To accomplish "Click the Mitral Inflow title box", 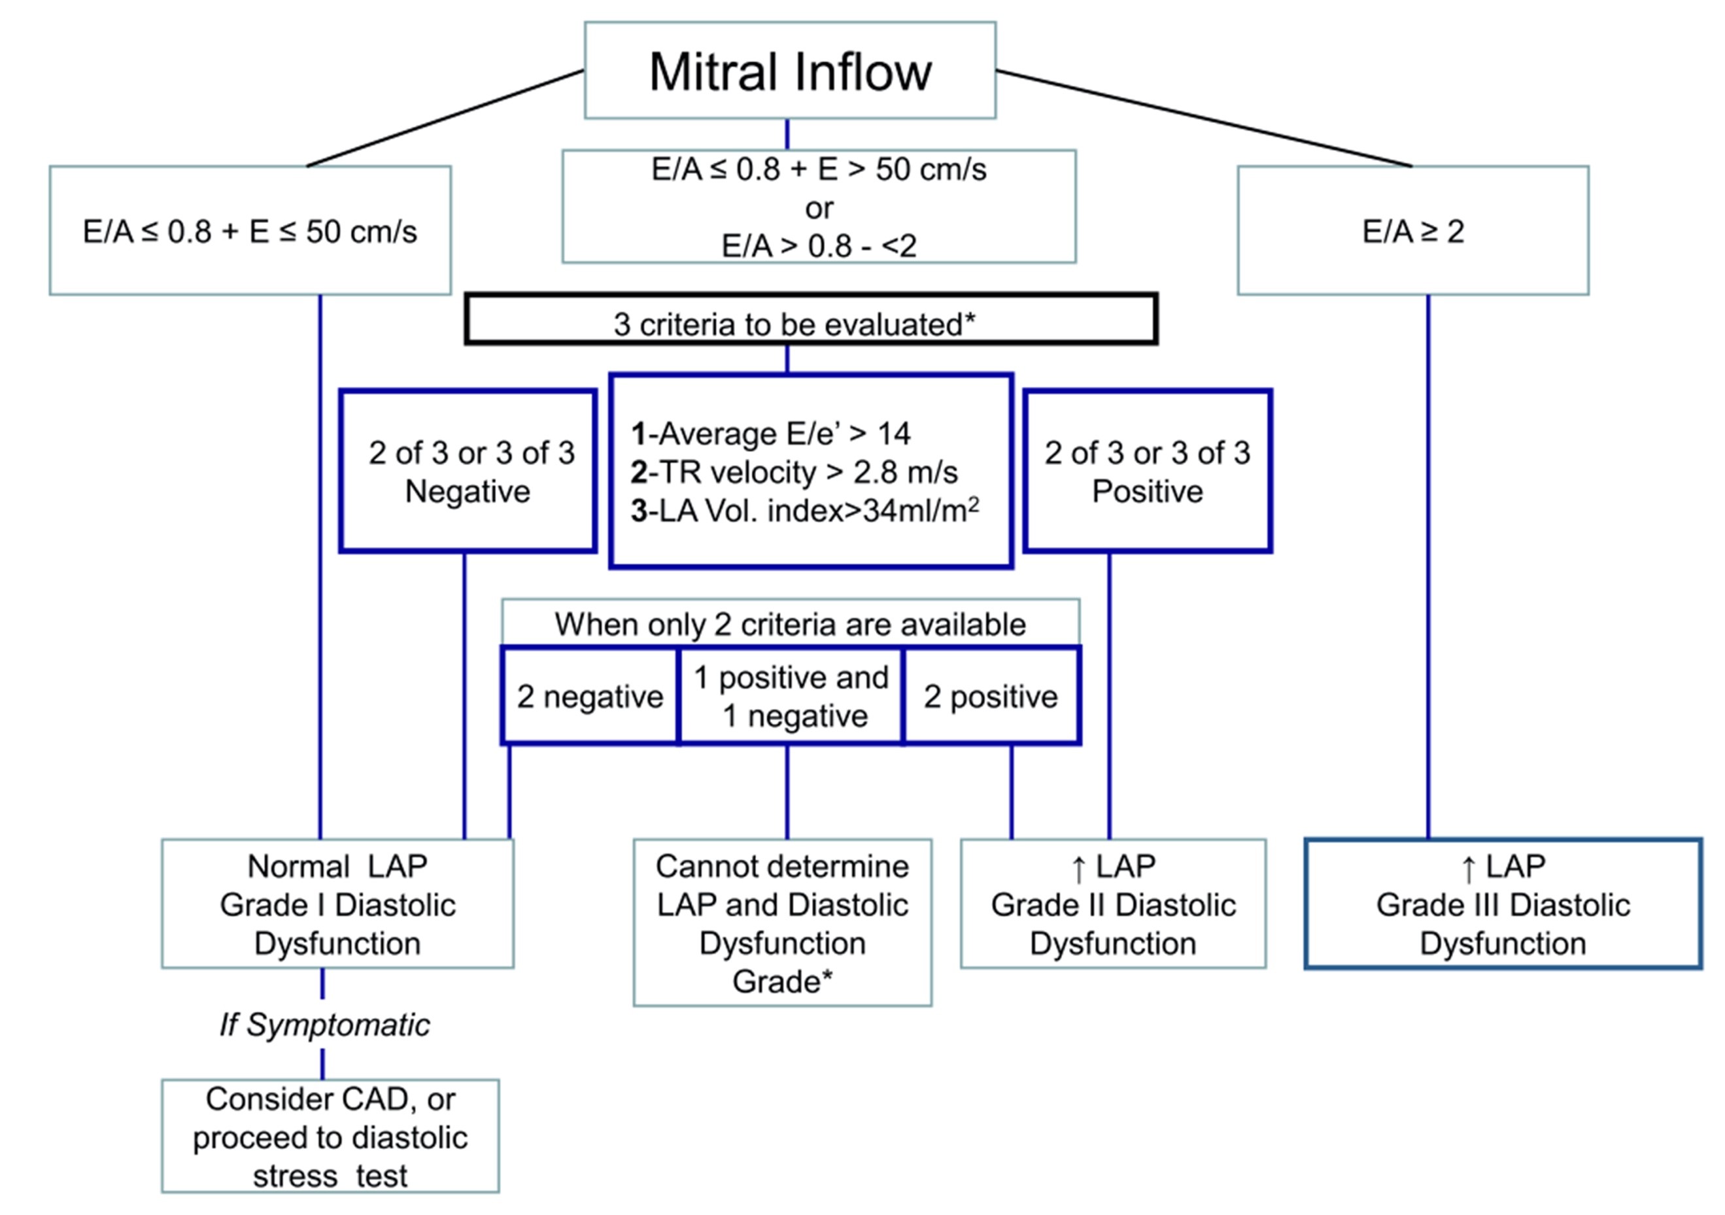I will point(790,71).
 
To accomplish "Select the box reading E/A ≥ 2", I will point(1412,231).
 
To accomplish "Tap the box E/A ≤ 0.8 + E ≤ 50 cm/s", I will point(250,231).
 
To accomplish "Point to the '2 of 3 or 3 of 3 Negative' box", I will point(468,471).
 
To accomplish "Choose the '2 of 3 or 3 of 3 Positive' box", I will point(1147,471).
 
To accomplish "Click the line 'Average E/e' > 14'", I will point(772,434).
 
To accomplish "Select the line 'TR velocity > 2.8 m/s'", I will point(795,473).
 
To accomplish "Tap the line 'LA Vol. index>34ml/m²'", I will point(806,511).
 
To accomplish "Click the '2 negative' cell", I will point(590,696).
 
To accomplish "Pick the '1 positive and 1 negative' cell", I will point(791,696).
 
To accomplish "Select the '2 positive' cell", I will point(991,696).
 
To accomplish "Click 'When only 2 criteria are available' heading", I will point(791,625).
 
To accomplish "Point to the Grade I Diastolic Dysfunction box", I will point(337,904).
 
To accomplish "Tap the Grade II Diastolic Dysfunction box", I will point(1113,904).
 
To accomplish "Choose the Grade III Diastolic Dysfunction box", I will point(1503,904).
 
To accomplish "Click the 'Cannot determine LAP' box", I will point(782,923).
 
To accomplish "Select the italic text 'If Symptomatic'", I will point(324,1025).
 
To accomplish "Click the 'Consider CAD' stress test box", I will point(330,1137).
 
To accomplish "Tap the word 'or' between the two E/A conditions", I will point(819,208).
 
